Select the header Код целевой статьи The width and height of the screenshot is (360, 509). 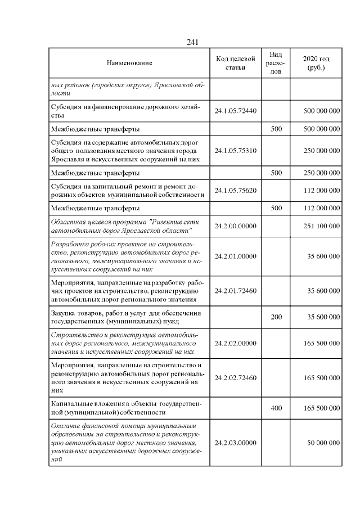236,64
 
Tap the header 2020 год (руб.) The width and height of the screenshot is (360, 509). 316,64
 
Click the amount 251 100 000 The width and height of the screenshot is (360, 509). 321,226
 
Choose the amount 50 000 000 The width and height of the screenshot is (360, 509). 323,443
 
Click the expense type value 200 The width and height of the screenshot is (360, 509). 276,317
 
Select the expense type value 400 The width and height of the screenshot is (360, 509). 276,408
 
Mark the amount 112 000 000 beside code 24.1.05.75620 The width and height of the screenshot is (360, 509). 321,190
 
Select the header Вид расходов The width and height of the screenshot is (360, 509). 276,64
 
